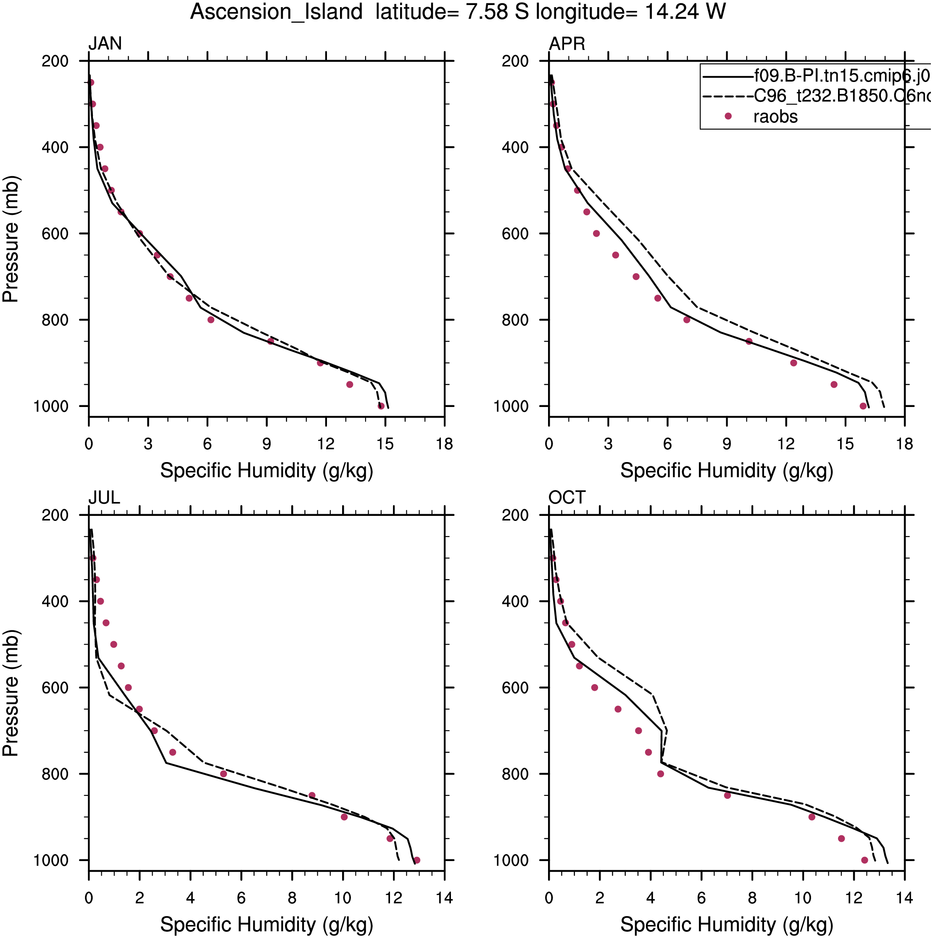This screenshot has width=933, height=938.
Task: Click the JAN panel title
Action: tap(105, 44)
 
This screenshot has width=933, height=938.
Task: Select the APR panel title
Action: tap(567, 44)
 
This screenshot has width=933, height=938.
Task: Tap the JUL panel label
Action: tap(104, 498)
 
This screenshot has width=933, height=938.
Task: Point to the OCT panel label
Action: tap(567, 498)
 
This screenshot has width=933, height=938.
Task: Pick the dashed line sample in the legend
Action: tap(727, 96)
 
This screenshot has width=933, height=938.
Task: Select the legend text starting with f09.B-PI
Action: tap(842, 76)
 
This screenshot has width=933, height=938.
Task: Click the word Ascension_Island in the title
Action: tap(276, 12)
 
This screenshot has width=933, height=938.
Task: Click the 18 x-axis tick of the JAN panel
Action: tap(444, 444)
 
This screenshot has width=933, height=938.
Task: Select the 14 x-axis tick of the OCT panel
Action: tap(904, 898)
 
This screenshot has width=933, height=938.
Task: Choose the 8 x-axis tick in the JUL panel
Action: tap(292, 898)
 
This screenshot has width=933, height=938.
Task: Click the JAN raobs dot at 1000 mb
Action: tap(381, 406)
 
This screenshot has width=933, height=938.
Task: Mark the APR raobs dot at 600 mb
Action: tap(596, 233)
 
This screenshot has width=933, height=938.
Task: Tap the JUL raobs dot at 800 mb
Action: tap(223, 774)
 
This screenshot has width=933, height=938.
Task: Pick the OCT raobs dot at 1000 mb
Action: tap(864, 860)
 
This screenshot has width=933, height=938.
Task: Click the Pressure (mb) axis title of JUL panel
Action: tap(11, 693)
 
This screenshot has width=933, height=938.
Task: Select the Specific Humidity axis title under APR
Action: tap(726, 471)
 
